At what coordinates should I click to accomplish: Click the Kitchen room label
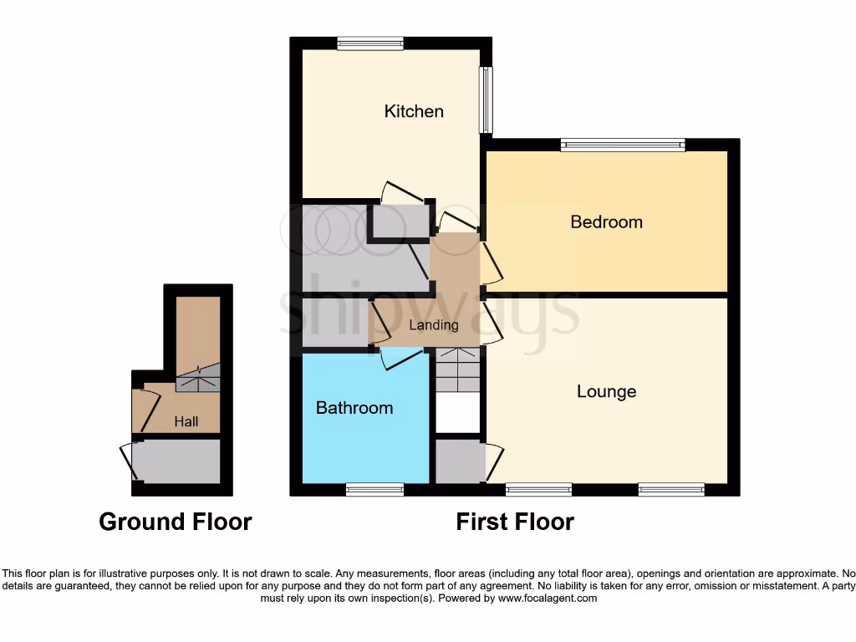(414, 111)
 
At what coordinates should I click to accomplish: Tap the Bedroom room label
(606, 222)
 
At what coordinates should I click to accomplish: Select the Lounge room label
(606, 391)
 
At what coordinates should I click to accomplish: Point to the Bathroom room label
(354, 408)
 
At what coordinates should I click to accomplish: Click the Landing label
(434, 325)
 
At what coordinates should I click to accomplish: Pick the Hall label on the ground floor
(186, 422)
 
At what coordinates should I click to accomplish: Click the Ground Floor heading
(176, 522)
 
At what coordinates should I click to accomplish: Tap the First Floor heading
(515, 522)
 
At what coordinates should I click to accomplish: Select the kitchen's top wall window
(370, 43)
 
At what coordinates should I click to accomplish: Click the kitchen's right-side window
(486, 99)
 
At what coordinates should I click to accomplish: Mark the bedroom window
(623, 145)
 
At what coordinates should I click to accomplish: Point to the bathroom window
(374, 489)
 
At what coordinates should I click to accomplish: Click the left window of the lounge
(539, 489)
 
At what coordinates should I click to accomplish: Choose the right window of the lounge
(671, 489)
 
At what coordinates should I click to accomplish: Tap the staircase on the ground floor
(197, 378)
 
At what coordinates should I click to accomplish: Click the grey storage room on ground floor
(178, 461)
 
